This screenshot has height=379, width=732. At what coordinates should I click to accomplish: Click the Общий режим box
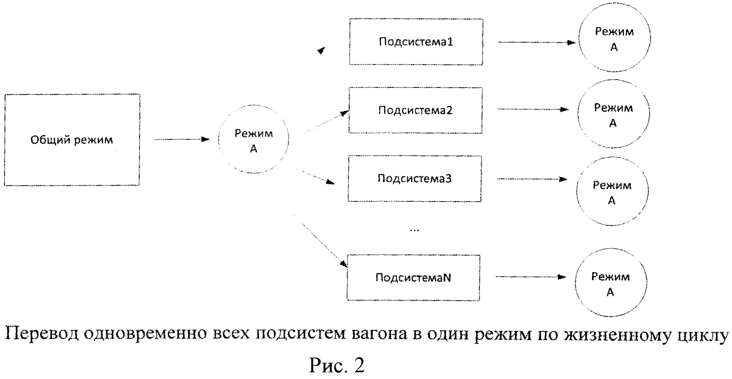[x=72, y=139]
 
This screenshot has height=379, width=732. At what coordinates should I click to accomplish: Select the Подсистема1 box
[x=416, y=42]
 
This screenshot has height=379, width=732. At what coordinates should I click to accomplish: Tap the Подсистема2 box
[x=415, y=110]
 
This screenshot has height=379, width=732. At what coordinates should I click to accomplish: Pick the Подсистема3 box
[x=414, y=179]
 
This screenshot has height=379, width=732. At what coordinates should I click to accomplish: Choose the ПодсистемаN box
[x=413, y=278]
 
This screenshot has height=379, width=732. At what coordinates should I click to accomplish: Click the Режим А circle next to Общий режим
[x=253, y=139]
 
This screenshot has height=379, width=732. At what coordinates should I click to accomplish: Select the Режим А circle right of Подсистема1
[x=614, y=39]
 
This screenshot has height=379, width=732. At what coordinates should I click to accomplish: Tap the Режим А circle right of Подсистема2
[x=613, y=115]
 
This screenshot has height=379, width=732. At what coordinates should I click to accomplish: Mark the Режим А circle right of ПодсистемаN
[x=610, y=284]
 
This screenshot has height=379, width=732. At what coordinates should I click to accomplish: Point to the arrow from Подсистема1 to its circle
[x=536, y=42]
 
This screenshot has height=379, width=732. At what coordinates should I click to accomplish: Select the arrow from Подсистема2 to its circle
[x=532, y=109]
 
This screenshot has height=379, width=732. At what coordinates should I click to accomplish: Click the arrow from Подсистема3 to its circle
[x=532, y=179]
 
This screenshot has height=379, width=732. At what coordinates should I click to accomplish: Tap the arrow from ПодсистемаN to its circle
[x=530, y=277]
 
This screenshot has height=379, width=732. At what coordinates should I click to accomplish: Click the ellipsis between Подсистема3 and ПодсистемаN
[x=414, y=230]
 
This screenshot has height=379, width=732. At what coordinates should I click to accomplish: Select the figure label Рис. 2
[x=337, y=365]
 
